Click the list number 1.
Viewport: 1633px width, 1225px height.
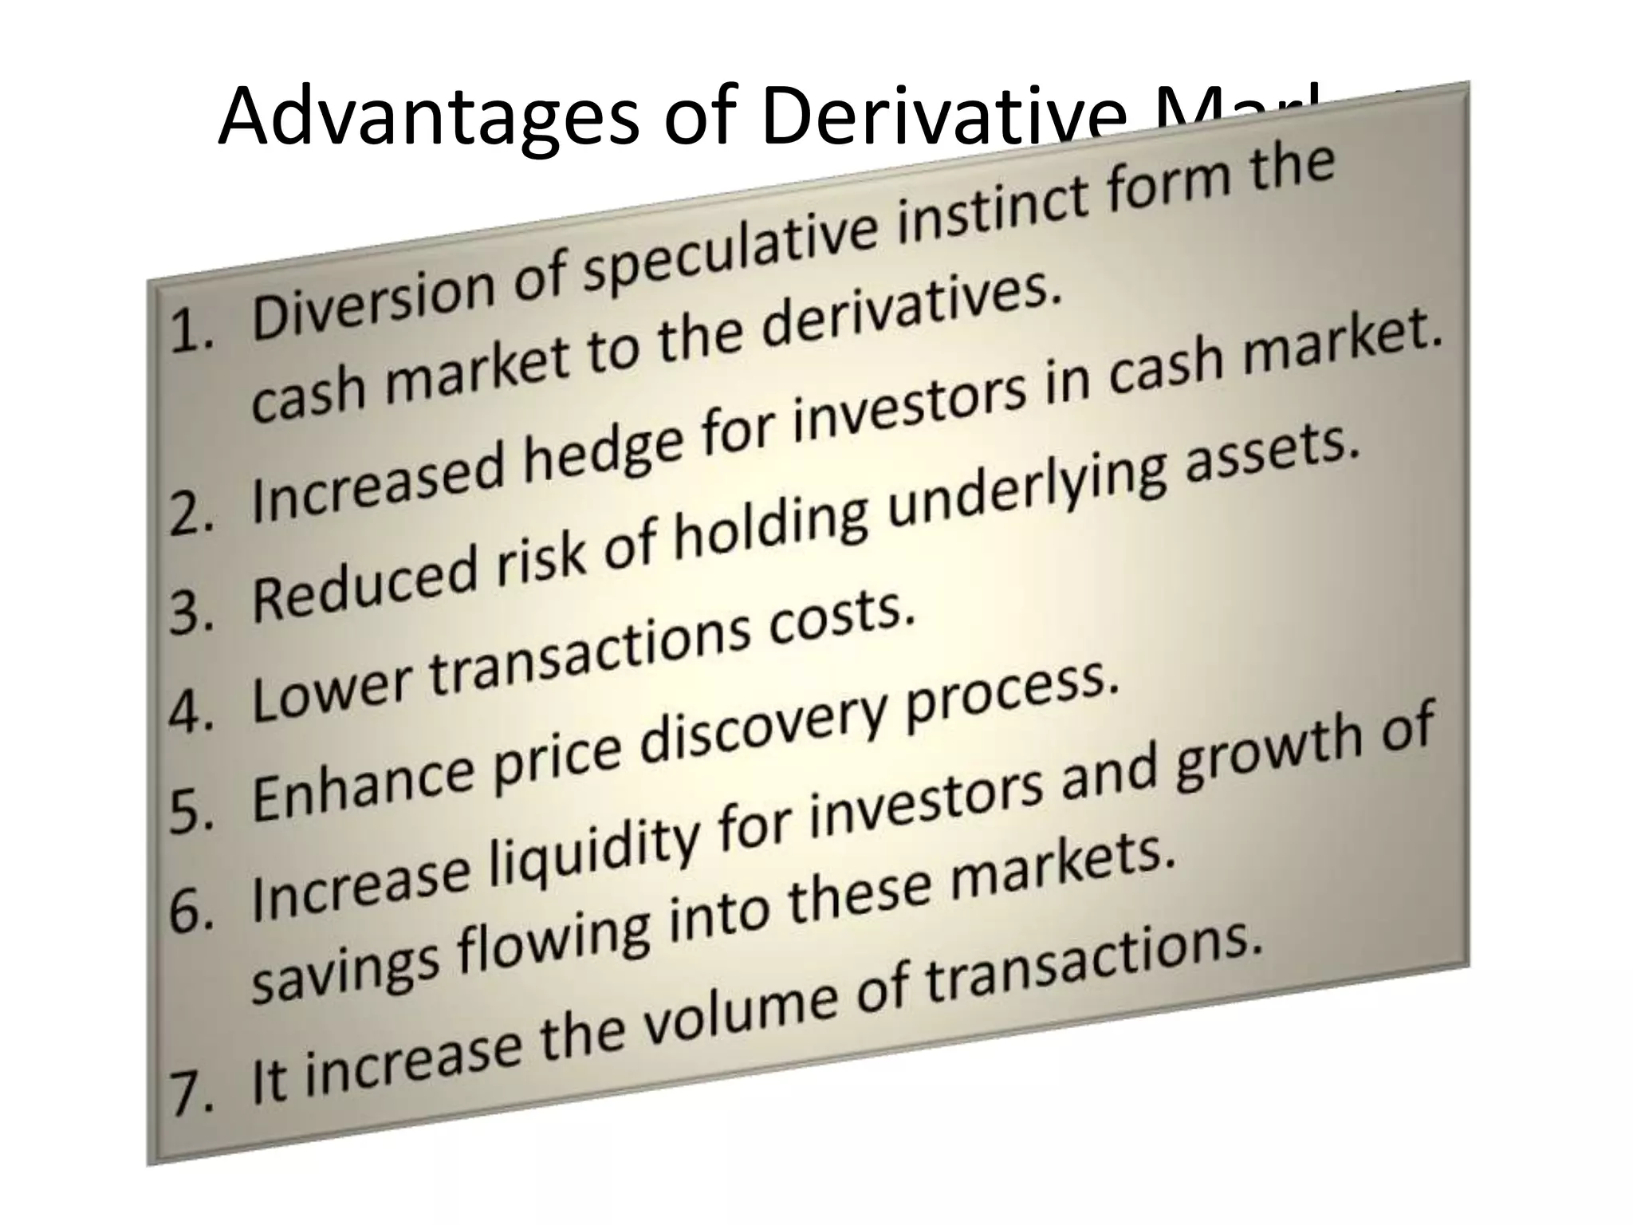pos(191,330)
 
